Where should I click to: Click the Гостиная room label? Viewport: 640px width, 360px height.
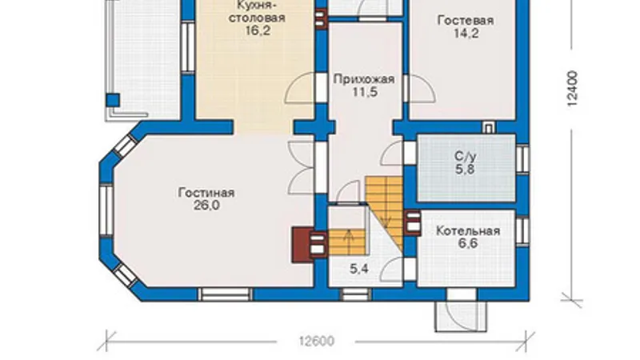point(206,193)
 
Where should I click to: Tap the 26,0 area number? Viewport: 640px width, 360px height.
point(206,206)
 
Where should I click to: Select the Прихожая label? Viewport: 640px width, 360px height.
point(364,79)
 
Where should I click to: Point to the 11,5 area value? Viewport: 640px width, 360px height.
point(365,92)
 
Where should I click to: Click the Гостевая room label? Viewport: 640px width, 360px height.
point(466,21)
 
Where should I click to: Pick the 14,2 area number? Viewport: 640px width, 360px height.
point(466,34)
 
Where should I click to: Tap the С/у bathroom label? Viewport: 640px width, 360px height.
point(466,156)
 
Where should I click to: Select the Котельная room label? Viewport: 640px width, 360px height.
point(468,231)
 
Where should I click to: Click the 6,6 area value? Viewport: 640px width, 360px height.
point(468,244)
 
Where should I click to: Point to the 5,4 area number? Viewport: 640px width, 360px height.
point(359,269)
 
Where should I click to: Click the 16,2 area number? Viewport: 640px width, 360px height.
point(258,30)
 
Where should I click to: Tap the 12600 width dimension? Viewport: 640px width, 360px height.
point(316,342)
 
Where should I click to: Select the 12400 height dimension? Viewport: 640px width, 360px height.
point(572,89)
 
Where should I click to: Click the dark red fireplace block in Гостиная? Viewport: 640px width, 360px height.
point(302,245)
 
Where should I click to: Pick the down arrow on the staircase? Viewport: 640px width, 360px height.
point(386,218)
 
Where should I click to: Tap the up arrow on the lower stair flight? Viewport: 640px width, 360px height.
point(349,238)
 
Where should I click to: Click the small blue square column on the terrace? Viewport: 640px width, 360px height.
point(113,100)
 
